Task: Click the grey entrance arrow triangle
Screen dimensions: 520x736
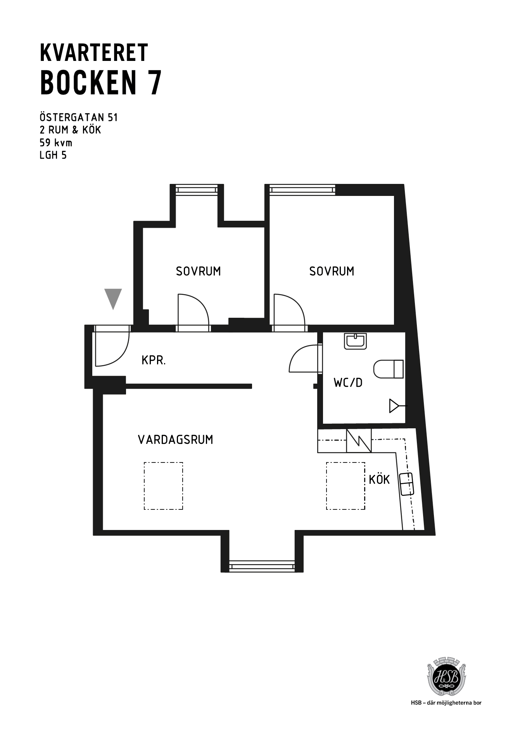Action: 113,298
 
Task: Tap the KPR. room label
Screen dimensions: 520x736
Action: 154,360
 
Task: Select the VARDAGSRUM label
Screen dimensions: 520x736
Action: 176,440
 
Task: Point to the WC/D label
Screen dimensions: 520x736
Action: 348,383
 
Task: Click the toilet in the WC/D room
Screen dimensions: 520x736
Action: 389,369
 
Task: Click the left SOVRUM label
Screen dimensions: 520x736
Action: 198,271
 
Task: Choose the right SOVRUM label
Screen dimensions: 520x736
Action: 332,271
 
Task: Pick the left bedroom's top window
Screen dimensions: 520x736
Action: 197,189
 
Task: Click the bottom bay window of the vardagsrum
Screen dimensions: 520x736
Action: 262,566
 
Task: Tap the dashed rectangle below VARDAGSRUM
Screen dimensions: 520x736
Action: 163,486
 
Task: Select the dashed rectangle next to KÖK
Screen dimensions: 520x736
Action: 346,486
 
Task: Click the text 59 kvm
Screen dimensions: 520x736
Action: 56,142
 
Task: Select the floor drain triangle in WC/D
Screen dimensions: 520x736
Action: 395,406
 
